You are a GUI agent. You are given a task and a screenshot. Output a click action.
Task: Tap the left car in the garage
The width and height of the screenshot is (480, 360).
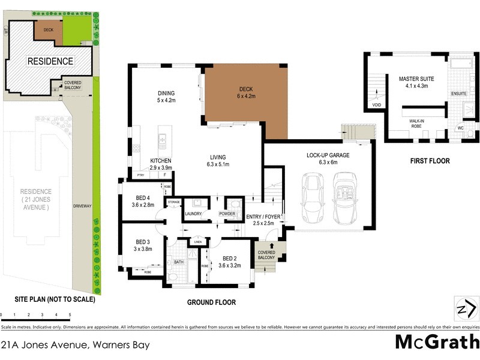click(x=312, y=198)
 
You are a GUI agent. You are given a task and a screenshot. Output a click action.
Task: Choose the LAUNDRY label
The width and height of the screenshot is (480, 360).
click(x=193, y=213)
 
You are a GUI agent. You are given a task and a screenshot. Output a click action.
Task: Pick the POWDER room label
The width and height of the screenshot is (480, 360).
click(x=227, y=213)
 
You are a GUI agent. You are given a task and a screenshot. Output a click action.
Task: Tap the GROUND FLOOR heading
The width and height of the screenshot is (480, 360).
click(x=211, y=302)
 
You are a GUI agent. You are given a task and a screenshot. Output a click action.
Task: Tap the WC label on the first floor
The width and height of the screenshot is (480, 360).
click(x=460, y=128)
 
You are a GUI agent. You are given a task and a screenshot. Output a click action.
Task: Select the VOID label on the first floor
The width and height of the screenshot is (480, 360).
click(x=376, y=104)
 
